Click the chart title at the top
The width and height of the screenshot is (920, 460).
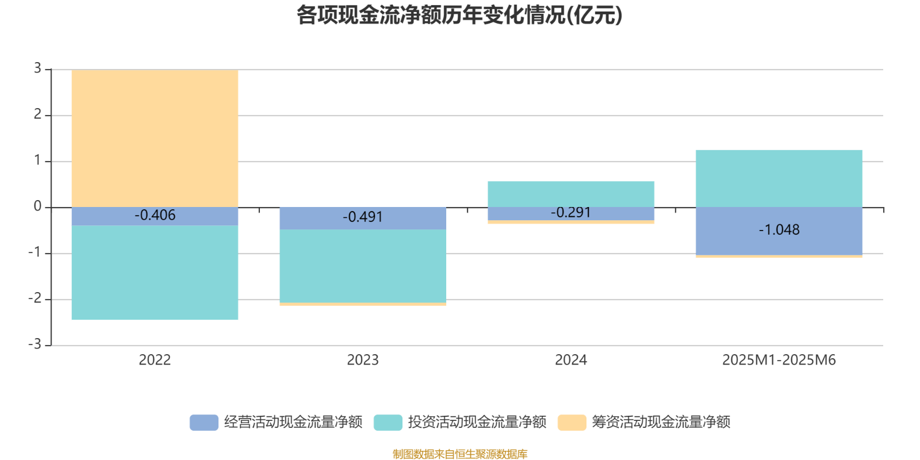coord(459,16)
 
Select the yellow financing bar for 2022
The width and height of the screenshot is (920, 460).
coord(155,138)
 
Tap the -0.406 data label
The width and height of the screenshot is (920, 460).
coord(155,215)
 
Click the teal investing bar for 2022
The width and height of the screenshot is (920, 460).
coord(155,273)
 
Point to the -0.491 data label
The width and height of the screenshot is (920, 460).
coord(363,217)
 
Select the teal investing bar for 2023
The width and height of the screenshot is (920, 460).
coord(363,266)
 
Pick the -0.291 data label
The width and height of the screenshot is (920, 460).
coord(571,212)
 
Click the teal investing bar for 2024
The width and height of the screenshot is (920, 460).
coord(571,194)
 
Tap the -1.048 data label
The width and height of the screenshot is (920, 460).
coord(779,230)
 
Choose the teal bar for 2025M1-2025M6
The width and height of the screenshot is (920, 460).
coord(779,178)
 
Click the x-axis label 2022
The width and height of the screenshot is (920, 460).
coord(155,361)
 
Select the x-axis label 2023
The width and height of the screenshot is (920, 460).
coord(363,361)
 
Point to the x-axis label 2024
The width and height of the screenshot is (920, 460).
coord(571,361)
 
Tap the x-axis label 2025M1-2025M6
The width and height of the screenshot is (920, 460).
coord(779,361)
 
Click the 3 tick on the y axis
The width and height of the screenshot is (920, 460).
coord(37,69)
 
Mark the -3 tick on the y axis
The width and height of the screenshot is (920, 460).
coord(35,345)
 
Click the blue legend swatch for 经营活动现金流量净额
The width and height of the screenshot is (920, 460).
coord(204,422)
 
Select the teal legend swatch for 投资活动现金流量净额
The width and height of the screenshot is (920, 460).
coord(388,422)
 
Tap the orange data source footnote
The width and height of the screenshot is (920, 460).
coord(459,454)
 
